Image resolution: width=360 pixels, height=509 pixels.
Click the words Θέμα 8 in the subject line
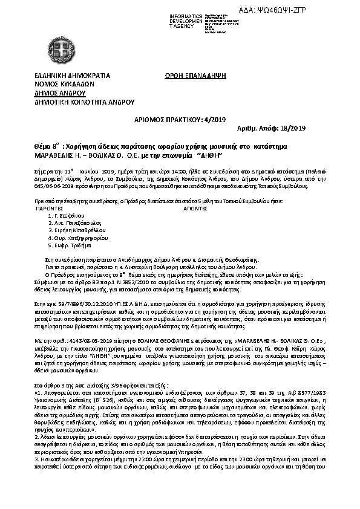pyautogui.click(x=47, y=147)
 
